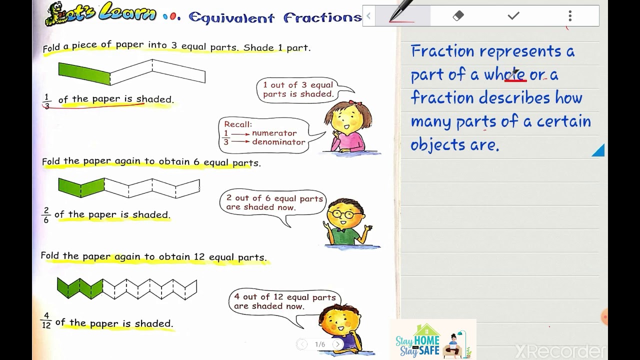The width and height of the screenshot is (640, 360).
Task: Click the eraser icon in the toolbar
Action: click(458, 16)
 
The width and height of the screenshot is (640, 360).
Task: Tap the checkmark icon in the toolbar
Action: click(513, 16)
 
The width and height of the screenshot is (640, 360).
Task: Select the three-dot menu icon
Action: click(570, 16)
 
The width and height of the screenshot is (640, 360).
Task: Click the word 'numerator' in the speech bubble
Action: click(274, 133)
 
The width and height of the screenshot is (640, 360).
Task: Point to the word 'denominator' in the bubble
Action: click(278, 142)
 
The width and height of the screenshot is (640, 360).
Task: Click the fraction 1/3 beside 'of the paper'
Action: click(47, 101)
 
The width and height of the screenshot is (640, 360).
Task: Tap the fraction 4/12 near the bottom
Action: click(46, 320)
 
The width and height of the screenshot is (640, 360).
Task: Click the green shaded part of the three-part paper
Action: click(84, 73)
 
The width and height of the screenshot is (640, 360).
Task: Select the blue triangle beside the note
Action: click(598, 150)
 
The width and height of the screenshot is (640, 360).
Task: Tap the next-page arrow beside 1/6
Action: click(338, 344)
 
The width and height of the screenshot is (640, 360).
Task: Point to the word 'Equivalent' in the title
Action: click(231, 18)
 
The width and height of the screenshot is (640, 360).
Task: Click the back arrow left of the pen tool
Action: click(368, 16)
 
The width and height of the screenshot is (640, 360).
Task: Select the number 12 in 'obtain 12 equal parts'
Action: click(199, 257)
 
